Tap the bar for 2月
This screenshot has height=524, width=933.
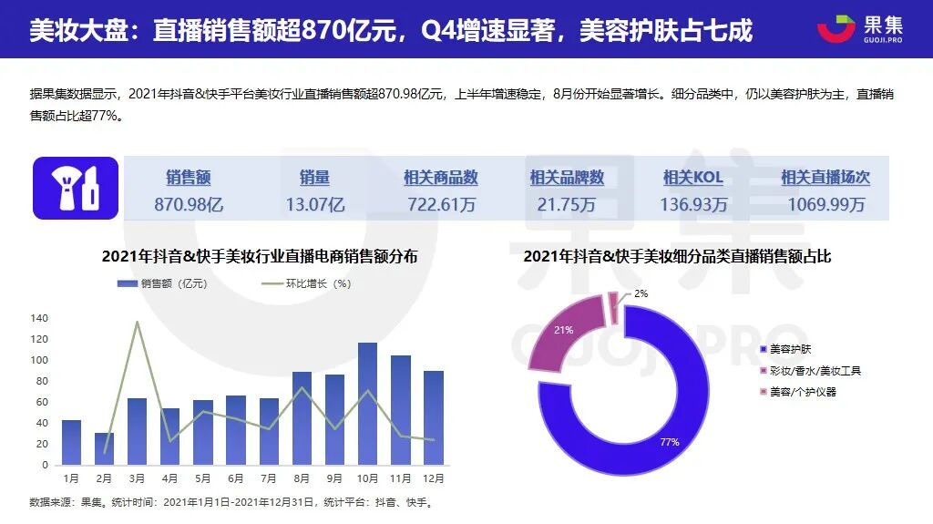[x=104, y=448]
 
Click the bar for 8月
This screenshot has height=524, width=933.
[x=302, y=418]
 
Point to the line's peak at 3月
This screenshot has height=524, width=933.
[x=137, y=322]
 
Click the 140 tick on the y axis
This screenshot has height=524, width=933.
[x=38, y=318]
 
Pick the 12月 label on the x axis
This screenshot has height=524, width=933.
[x=434, y=478]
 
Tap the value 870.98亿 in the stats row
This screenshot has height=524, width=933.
[x=189, y=205]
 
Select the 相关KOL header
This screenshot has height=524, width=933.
[x=693, y=178]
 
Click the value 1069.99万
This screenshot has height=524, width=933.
[x=825, y=205]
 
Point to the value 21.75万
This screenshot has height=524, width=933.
[x=567, y=205]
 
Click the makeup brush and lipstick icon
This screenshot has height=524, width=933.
[x=76, y=188]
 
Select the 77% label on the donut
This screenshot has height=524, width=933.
[x=670, y=442]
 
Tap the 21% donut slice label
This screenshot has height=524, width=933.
[x=564, y=330]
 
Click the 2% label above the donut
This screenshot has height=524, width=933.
[x=641, y=293]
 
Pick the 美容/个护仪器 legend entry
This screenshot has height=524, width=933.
[x=803, y=392]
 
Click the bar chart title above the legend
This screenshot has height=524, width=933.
[x=260, y=257]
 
